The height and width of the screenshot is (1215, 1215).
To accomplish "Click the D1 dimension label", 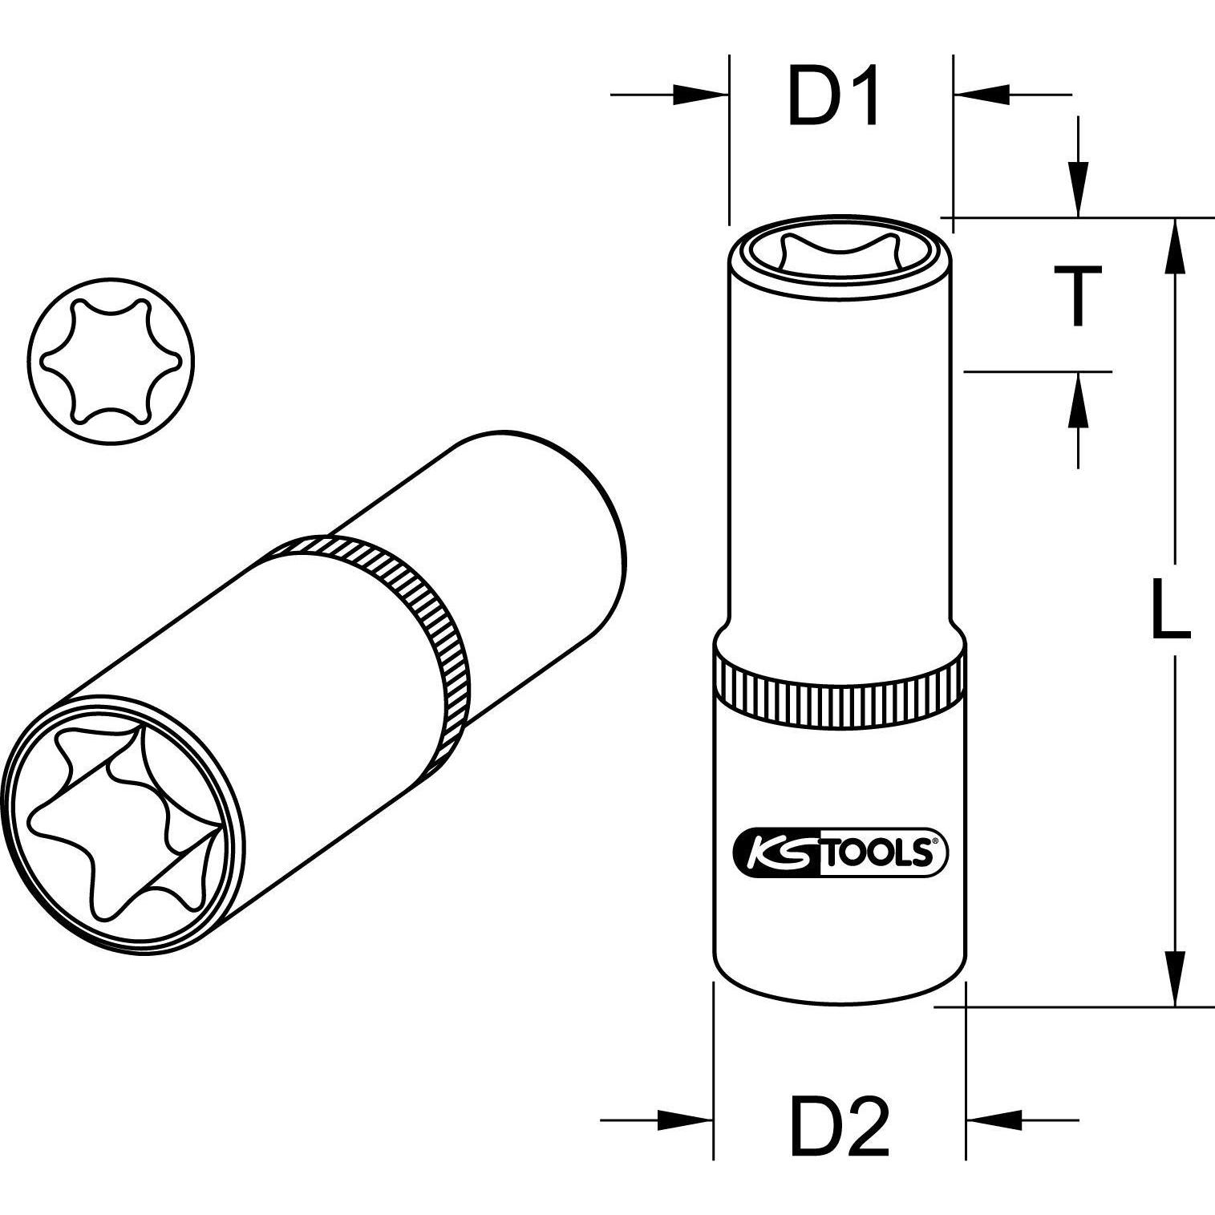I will point(834,97).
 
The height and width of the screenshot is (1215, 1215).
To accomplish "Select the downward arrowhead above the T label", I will point(1079,191).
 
